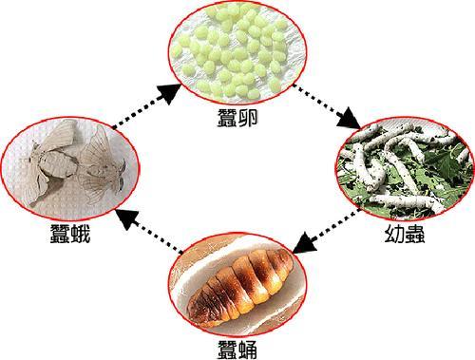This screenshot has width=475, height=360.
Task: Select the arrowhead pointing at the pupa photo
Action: pos(302,245)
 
